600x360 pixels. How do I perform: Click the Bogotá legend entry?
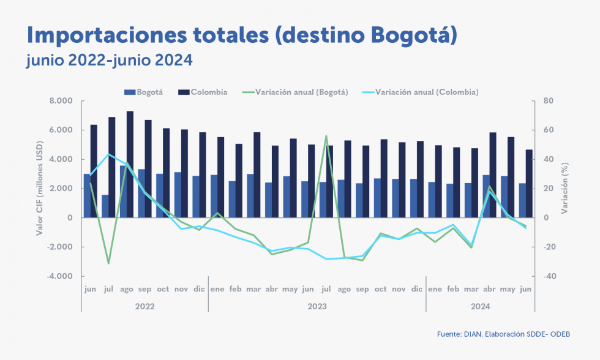[x=146, y=92]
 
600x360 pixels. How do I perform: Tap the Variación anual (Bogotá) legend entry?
[x=297, y=92]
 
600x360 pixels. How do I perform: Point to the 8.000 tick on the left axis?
[x=61, y=101]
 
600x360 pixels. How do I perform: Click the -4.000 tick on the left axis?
[x=60, y=276]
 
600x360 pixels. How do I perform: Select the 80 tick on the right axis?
[x=548, y=101]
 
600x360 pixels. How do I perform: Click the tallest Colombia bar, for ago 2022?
[x=130, y=164]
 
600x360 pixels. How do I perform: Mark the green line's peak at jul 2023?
[x=326, y=136]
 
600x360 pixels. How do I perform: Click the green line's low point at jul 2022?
[x=108, y=263]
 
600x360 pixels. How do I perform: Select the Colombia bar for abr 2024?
[x=493, y=174]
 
